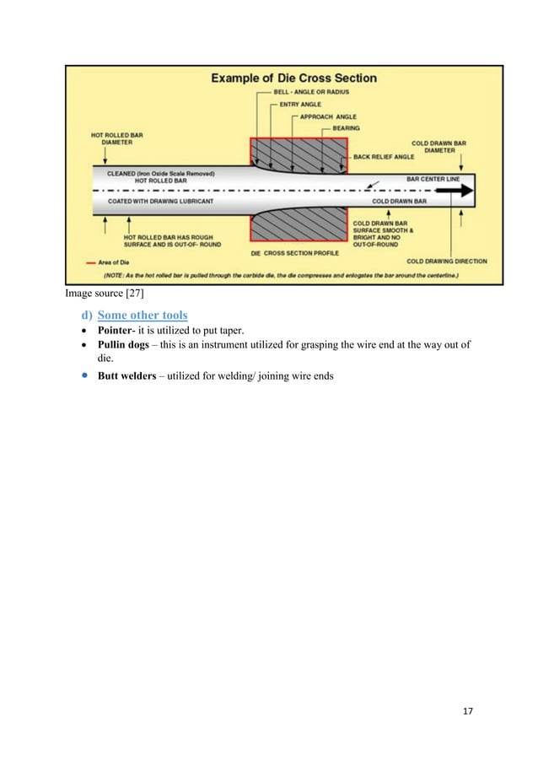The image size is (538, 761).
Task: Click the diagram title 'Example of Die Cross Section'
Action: tap(293, 78)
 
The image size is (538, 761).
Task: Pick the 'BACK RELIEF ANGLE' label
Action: tap(387, 157)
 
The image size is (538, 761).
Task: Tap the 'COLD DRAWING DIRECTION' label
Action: tap(446, 262)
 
